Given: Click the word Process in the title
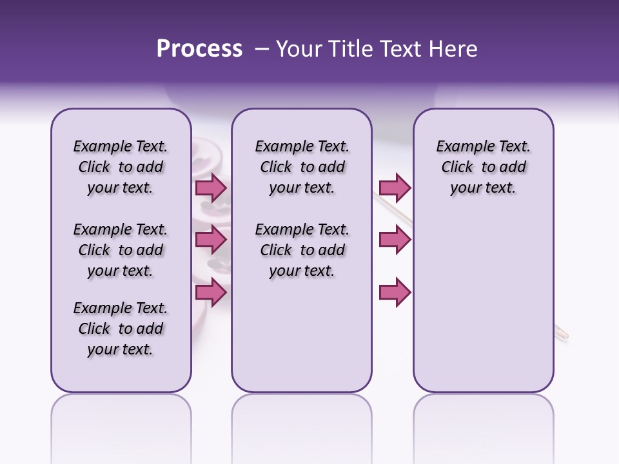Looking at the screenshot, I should pyautogui.click(x=199, y=49).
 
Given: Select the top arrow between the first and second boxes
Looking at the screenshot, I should pyautogui.click(x=210, y=188).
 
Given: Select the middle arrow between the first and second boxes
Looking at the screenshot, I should pyautogui.click(x=210, y=240).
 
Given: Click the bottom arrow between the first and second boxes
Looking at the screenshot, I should pyautogui.click(x=210, y=293).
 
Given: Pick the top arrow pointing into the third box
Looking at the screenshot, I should pyautogui.click(x=395, y=188).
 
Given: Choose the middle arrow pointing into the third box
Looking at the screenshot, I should pyautogui.click(x=395, y=240).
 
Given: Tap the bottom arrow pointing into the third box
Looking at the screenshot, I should pyautogui.click(x=395, y=293).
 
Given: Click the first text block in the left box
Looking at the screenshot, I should pyautogui.click(x=121, y=167).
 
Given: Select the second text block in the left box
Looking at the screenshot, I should pyautogui.click(x=121, y=250).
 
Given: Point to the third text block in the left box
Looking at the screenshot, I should pyautogui.click(x=121, y=329).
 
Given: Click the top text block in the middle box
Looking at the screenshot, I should pyautogui.click(x=302, y=167).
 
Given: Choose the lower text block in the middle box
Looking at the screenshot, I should pyautogui.click(x=302, y=250).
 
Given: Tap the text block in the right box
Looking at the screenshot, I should pyautogui.click(x=483, y=167).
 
